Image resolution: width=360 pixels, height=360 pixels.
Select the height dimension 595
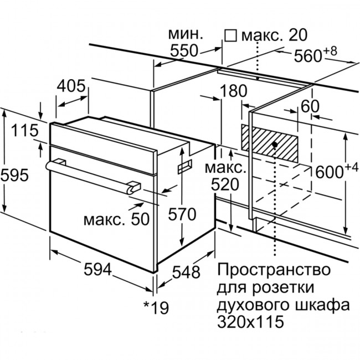(14, 175)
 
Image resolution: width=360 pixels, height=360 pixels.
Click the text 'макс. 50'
(116, 219)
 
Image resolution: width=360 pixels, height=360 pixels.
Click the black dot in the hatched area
(275, 145)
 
